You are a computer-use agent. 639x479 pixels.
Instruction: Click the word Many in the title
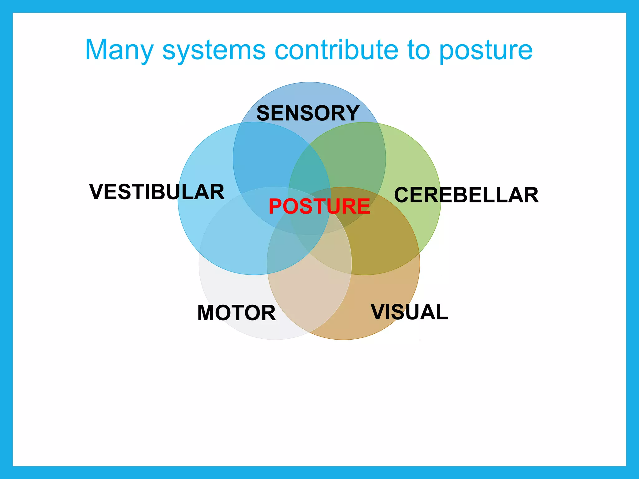click(x=120, y=51)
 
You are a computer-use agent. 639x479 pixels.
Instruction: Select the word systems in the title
click(x=214, y=51)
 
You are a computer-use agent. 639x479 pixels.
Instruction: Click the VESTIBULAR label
click(x=157, y=192)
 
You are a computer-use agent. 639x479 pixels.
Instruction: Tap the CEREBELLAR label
click(x=466, y=195)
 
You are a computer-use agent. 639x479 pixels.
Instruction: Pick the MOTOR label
click(x=237, y=313)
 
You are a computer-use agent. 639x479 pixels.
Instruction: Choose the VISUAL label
click(x=409, y=312)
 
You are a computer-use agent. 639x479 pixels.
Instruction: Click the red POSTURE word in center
click(x=319, y=206)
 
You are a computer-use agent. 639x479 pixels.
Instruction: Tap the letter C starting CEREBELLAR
click(x=402, y=195)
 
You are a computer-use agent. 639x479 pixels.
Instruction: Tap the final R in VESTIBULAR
click(x=217, y=192)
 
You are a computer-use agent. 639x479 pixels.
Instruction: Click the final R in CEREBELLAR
click(x=531, y=195)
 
